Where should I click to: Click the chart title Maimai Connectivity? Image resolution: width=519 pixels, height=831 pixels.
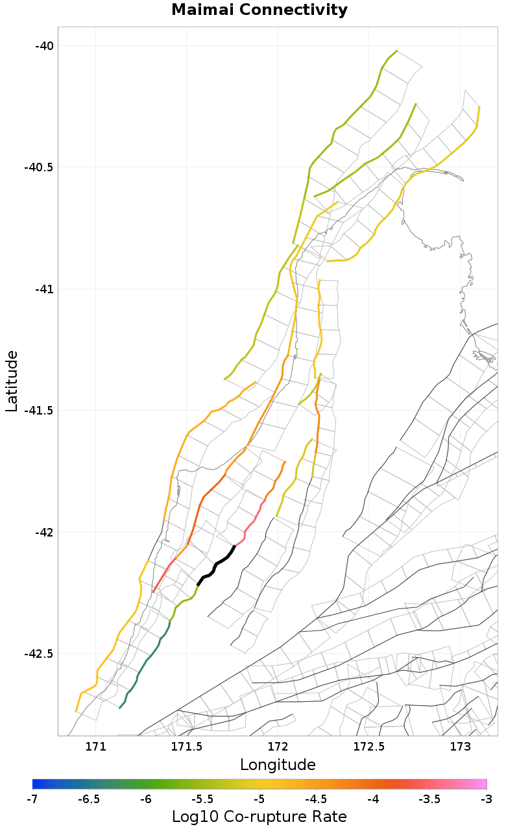pos(259,10)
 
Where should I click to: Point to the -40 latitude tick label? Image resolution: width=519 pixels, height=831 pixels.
pos(45,45)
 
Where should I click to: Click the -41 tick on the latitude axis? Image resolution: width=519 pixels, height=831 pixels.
pos(45,289)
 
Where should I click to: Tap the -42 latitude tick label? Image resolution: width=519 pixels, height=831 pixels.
pos(45,532)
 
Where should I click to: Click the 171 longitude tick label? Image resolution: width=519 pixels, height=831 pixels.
pos(96,747)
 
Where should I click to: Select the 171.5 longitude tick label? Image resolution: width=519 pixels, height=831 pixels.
pos(187,747)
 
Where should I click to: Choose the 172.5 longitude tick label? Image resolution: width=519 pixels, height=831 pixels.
pos(368,747)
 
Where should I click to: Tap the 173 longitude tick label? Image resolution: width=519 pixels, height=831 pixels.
pos(460,747)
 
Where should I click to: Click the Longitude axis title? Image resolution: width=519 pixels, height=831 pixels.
pos(278,765)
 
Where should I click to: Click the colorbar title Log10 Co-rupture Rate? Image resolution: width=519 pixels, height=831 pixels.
pos(259,817)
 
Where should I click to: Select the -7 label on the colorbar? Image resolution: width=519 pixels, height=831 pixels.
pos(32,799)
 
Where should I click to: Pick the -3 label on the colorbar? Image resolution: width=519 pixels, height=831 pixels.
pos(487,799)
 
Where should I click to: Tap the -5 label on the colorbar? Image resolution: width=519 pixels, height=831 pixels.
pos(259,799)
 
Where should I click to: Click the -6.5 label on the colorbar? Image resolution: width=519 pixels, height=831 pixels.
pos(89,799)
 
